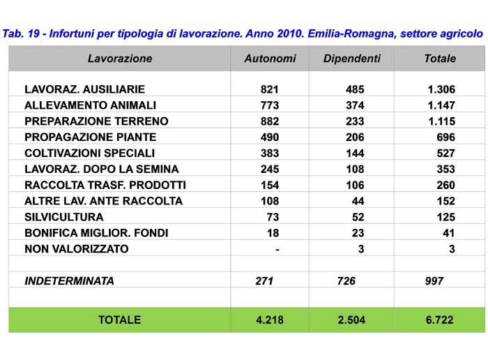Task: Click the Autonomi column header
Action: [x=270, y=59]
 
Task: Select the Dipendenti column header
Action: [x=352, y=59]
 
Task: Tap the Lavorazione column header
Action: [x=120, y=59]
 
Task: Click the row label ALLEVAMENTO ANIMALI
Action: [x=90, y=105]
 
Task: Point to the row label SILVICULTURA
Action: [x=64, y=217]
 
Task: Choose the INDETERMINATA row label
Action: [x=70, y=281]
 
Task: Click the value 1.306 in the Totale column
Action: [x=441, y=89]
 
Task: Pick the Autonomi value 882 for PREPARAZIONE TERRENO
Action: [x=270, y=121]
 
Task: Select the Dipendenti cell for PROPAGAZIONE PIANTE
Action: [x=355, y=137]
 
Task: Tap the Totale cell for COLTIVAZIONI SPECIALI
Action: [x=446, y=153]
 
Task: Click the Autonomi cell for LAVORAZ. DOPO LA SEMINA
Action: [x=270, y=169]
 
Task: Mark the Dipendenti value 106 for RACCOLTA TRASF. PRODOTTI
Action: [x=355, y=186]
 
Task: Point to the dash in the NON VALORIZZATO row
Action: [x=277, y=250]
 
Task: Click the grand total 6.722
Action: [x=439, y=320]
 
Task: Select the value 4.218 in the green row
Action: [x=270, y=320]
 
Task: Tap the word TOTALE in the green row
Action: [x=120, y=320]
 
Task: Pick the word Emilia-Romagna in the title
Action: [x=352, y=33]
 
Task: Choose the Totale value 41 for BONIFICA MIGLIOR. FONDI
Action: [x=449, y=233]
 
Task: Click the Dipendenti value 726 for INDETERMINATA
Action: [x=346, y=281]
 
